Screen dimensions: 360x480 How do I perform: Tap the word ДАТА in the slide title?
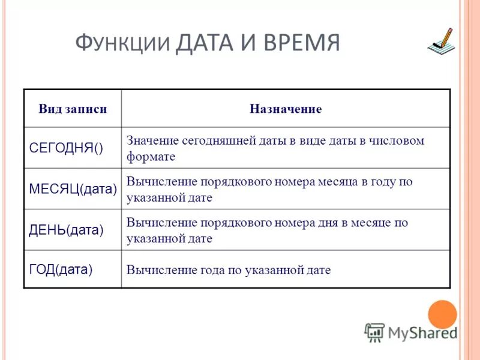pyautogui.click(x=205, y=44)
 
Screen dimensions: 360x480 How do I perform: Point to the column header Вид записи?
pyautogui.click(x=73, y=109)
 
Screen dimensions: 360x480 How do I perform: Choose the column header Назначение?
pyautogui.click(x=286, y=109)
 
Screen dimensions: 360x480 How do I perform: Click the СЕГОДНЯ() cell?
pyautogui.click(x=66, y=148)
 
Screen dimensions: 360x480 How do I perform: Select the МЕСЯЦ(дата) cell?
pyautogui.click(x=73, y=189)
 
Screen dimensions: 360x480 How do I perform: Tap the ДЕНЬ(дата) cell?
pyautogui.click(x=66, y=230)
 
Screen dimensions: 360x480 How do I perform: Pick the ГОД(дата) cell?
pyautogui.click(x=61, y=269)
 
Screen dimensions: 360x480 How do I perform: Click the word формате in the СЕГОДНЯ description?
pyautogui.click(x=151, y=157)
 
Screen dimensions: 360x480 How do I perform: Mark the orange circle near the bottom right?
pyautogui.click(x=442, y=314)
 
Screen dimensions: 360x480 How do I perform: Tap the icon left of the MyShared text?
pyautogui.click(x=374, y=332)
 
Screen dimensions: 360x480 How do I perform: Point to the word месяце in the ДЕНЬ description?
pyautogui.click(x=365, y=223)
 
